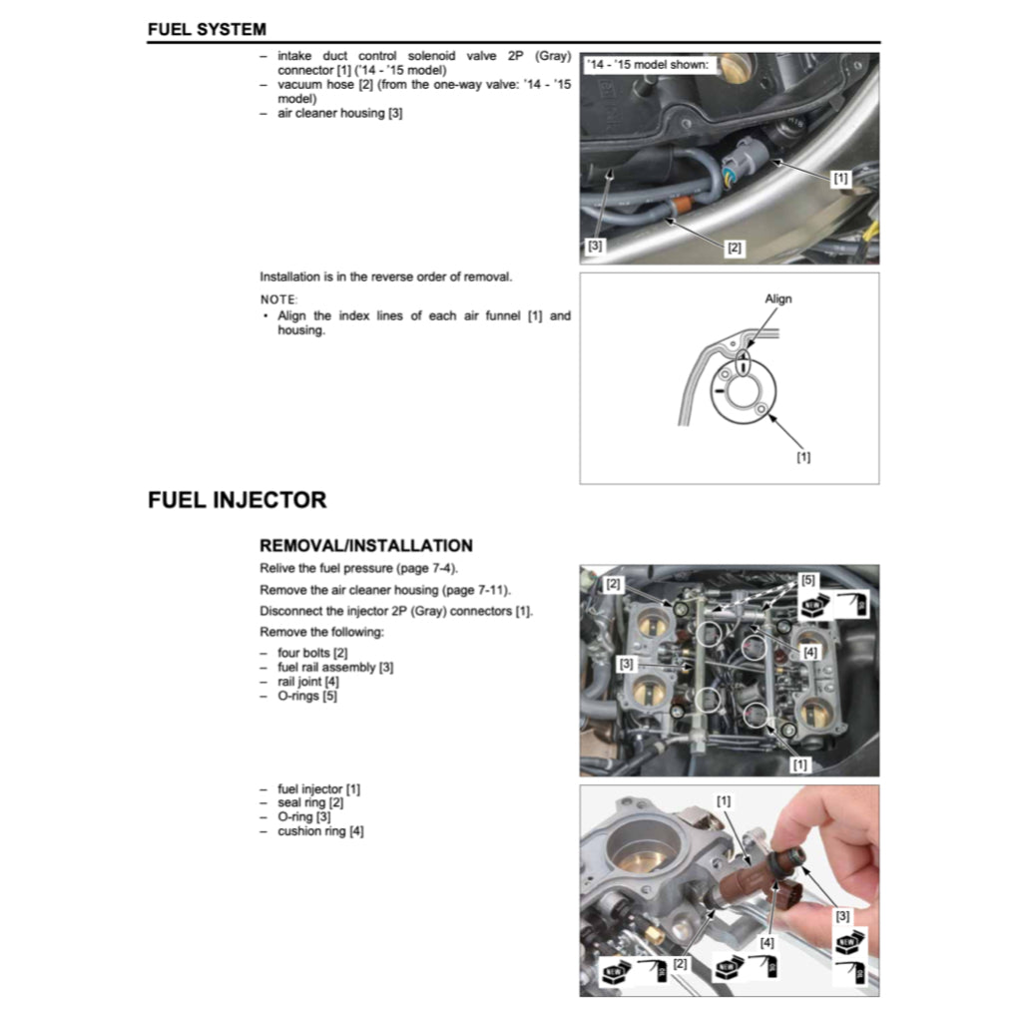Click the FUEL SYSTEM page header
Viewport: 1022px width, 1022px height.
207,30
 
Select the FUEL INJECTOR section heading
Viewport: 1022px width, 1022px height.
237,500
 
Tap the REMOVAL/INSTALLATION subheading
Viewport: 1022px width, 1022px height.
365,546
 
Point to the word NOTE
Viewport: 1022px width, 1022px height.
278,299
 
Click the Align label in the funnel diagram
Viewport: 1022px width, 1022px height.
777,298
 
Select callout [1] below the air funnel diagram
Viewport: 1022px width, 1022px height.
803,457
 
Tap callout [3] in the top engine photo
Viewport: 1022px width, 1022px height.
594,245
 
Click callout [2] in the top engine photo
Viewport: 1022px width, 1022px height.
735,248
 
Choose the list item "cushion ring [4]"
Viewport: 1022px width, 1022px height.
320,831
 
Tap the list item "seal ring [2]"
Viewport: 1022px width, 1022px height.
310,802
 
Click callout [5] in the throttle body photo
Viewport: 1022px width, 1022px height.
807,580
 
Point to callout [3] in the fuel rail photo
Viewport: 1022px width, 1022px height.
626,663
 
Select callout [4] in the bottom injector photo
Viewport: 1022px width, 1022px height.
766,941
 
